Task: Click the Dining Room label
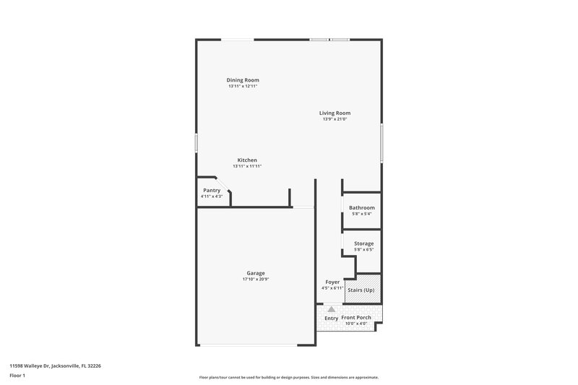(243, 80)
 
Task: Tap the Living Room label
(335, 113)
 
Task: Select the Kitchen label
(247, 160)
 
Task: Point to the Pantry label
(212, 190)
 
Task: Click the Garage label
(256, 273)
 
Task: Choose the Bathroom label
(362, 208)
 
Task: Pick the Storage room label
(363, 243)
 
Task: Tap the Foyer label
(332, 282)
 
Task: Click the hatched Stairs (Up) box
(363, 290)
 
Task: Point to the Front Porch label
(356, 318)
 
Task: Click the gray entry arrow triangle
(332, 308)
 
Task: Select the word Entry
(331, 318)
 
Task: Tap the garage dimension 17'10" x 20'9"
(256, 280)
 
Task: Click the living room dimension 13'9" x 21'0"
(335, 119)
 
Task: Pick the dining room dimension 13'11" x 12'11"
(243, 87)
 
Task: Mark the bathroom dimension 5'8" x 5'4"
(362, 214)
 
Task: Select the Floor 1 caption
(17, 376)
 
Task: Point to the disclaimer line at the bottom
(288, 377)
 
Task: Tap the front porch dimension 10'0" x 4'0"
(356, 324)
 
